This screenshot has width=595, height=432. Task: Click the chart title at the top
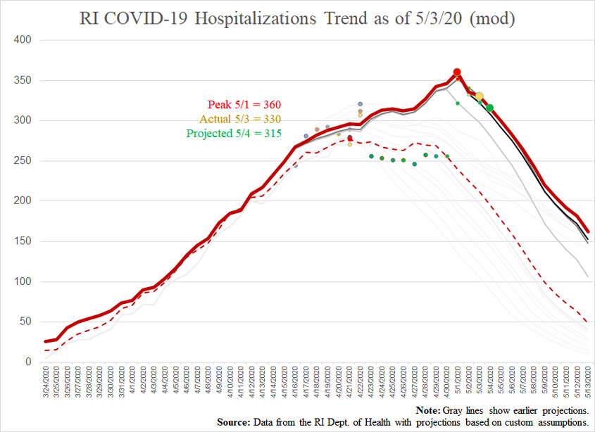[297, 19]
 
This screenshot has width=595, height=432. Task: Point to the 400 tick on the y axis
[25, 40]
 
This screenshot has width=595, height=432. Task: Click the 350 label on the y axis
[25, 81]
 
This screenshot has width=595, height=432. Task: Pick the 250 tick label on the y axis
[25, 161]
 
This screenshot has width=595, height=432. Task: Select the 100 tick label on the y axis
[25, 281]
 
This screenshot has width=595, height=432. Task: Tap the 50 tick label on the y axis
[27, 322]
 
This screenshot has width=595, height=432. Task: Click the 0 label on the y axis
[30, 362]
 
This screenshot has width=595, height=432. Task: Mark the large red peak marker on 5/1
[457, 72]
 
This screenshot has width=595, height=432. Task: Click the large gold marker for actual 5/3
[479, 96]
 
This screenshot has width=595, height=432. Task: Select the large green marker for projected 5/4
[490, 108]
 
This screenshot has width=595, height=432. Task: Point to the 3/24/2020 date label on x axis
[46, 384]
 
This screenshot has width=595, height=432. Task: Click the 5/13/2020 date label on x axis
[589, 384]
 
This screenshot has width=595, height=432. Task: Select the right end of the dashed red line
[589, 322]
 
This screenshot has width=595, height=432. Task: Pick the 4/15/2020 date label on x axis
[284, 384]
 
